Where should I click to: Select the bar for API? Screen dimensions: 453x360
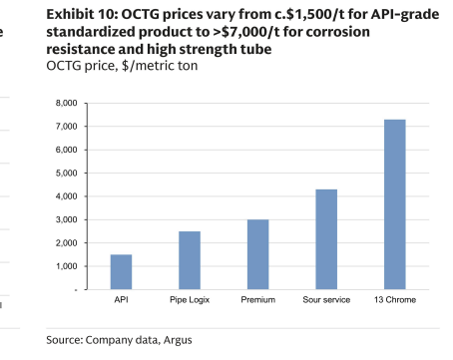[121, 272]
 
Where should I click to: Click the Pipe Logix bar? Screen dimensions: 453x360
[190, 260]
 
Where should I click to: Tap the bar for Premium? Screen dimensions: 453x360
[258, 254]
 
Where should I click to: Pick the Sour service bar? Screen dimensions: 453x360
[326, 239]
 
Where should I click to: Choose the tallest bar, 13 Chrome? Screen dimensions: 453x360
[395, 204]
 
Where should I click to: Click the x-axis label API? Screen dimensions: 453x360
[121, 300]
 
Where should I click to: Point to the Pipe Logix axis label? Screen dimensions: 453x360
[190, 300]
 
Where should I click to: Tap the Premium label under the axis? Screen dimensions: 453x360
[258, 300]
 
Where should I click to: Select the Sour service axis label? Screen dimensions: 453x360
[326, 300]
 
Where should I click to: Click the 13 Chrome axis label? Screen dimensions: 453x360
[395, 300]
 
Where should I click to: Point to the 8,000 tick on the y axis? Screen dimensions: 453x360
[67, 103]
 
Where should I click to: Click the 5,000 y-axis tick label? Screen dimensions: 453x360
[67, 174]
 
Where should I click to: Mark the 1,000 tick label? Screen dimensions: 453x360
[67, 266]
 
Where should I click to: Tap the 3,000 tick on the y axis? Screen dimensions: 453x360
[67, 219]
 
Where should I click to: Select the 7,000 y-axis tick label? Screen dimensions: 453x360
[67, 127]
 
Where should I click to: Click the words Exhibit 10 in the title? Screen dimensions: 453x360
[82, 15]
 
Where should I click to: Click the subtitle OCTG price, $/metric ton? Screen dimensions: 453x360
[122, 66]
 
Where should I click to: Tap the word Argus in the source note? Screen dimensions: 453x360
[178, 340]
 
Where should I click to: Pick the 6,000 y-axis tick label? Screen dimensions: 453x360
[67, 150]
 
